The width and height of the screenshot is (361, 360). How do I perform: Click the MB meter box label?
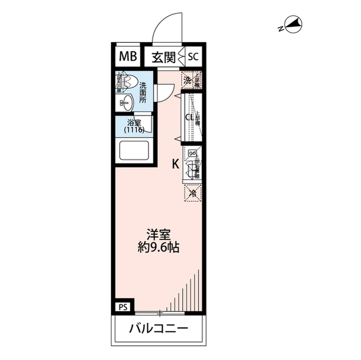(127, 56)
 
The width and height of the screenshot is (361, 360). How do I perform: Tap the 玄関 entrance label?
(163, 56)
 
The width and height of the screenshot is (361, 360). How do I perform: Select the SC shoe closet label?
(193, 56)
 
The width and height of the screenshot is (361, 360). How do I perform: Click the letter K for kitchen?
(175, 164)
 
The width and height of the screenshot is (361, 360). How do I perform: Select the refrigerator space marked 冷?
(192, 193)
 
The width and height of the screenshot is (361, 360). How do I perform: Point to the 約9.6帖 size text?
(159, 247)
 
